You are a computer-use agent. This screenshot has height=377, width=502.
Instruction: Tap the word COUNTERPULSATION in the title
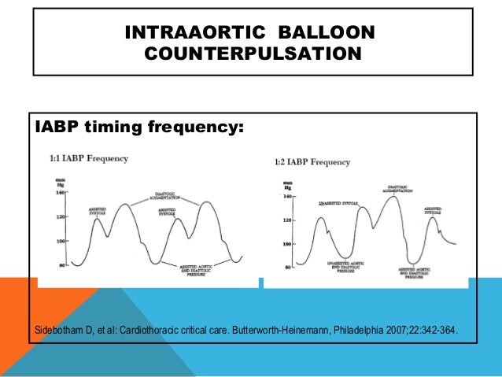tap(253, 54)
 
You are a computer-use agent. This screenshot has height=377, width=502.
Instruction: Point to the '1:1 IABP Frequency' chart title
tap(89, 158)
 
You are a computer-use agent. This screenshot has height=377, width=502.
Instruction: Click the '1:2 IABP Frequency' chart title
tap(312, 162)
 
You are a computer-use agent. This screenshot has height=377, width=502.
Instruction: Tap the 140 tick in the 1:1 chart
tap(60, 191)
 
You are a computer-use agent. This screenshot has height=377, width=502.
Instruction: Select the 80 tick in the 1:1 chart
tap(62, 265)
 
